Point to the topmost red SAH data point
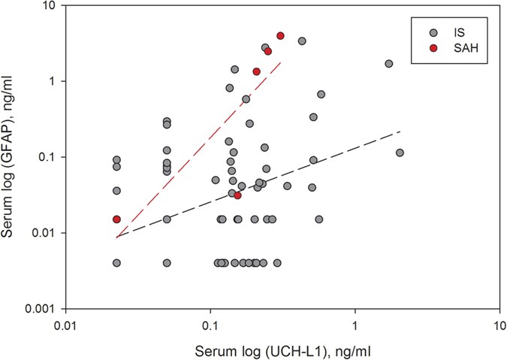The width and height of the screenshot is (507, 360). point(280,35)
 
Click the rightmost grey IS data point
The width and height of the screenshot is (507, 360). point(400,153)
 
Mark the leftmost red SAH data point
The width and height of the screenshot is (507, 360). point(116,219)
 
